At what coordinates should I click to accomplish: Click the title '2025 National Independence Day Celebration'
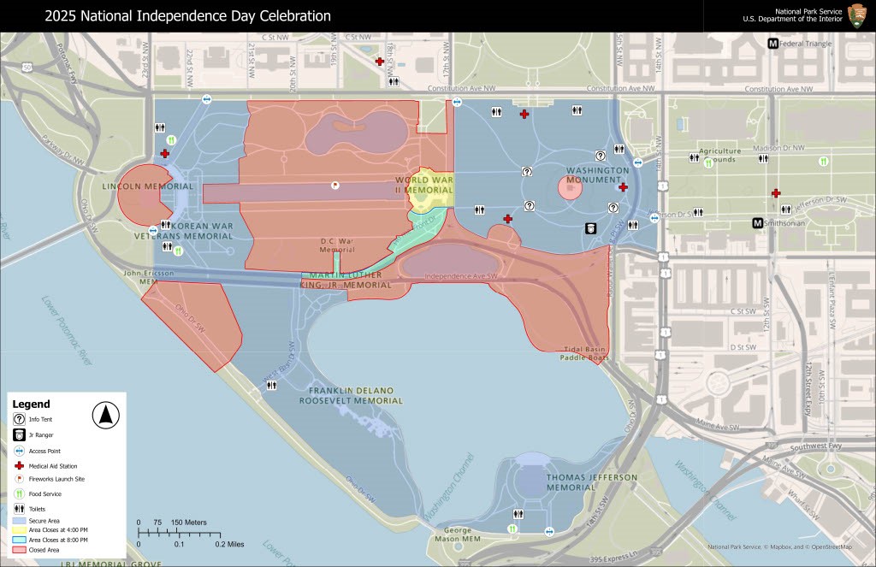[x=187, y=16]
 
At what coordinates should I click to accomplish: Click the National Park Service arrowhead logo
[x=856, y=15]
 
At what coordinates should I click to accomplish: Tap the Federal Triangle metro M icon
[x=773, y=44]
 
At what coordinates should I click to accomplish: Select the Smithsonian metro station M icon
[x=757, y=224]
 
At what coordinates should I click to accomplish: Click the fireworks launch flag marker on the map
[x=335, y=184]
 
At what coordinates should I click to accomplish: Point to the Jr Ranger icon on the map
[x=590, y=227]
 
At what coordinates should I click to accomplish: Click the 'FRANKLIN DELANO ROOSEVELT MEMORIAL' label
[x=351, y=395]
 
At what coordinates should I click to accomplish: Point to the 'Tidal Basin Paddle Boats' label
[x=585, y=354]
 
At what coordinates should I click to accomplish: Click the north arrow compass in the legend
[x=105, y=416]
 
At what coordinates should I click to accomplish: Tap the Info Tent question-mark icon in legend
[x=19, y=420]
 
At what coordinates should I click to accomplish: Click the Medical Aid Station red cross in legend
[x=19, y=464]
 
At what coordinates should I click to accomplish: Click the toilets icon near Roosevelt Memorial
[x=271, y=386]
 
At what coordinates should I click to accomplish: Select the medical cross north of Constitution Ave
[x=379, y=62]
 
